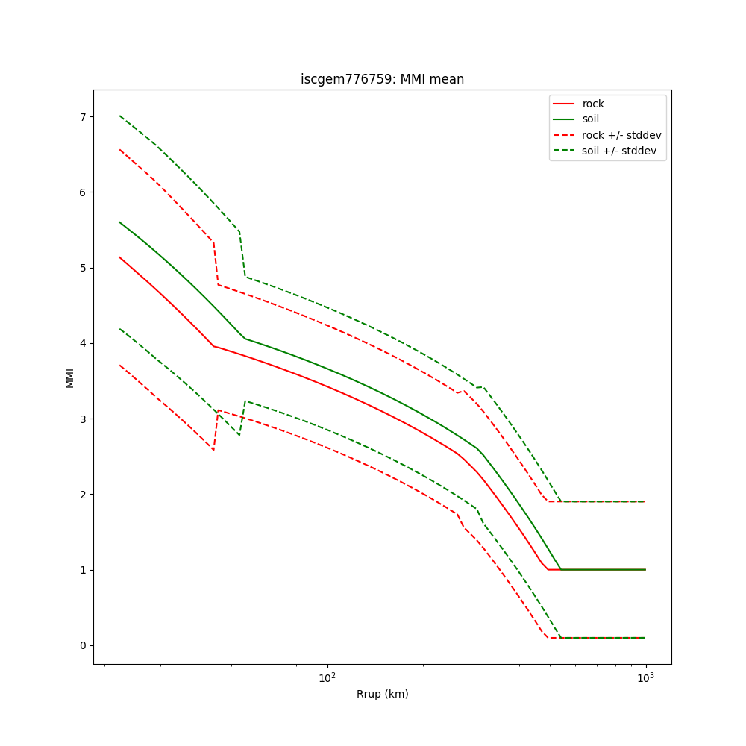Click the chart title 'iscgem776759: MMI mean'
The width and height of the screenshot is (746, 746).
point(382,79)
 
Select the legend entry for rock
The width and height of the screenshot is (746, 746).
point(593,104)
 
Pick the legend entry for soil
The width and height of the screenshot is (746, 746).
point(591,119)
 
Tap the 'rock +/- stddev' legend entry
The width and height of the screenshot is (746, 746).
point(621,135)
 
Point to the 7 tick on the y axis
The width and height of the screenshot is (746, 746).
point(83,116)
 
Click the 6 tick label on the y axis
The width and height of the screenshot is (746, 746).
point(83,192)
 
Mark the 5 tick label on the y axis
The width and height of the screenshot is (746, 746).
point(83,268)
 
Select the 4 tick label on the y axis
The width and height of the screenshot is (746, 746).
point(83,343)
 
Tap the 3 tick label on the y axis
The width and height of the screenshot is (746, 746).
point(83,419)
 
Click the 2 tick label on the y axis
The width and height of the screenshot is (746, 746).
point(83,495)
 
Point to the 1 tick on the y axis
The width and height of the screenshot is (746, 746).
point(83,570)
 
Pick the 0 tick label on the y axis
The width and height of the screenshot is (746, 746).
point(83,645)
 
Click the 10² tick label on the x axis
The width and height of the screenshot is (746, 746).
point(327,677)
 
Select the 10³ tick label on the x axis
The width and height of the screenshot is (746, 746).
point(645,677)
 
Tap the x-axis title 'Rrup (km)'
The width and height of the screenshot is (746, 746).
point(382,694)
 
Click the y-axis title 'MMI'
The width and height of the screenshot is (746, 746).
point(69,377)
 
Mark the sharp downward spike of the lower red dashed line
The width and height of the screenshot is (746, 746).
point(213,450)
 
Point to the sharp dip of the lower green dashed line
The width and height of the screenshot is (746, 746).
point(239,435)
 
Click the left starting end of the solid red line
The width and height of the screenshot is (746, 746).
point(119,257)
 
